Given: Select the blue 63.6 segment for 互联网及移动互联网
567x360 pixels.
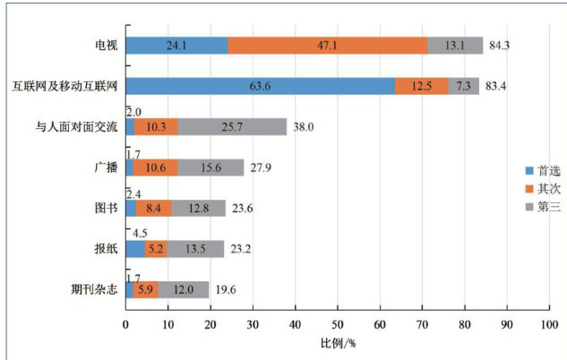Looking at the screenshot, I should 261,86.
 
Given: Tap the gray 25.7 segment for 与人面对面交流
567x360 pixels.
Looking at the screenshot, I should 232,127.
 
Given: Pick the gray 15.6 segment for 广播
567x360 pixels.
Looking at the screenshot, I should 210,167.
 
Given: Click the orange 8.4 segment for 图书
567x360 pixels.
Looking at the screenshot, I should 153,208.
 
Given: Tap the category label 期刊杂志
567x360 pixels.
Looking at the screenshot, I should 91,289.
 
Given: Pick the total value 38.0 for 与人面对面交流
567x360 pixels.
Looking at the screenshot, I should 304,127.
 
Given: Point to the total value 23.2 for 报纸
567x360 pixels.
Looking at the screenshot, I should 241,249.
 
